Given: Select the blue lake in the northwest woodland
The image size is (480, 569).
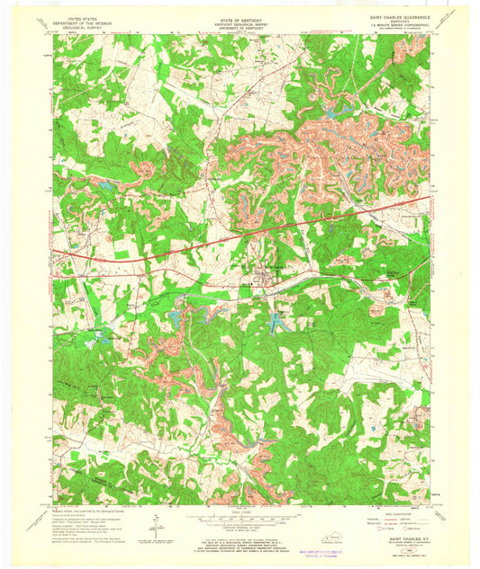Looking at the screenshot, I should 105,186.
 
